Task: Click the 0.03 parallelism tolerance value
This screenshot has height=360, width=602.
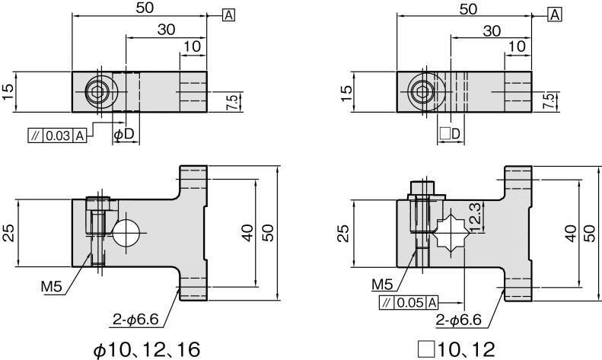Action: click(x=58, y=136)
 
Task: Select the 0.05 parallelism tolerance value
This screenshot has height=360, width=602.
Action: click(x=410, y=303)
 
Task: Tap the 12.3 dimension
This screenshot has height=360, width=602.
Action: click(x=475, y=218)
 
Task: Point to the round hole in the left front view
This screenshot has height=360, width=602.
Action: click(x=126, y=233)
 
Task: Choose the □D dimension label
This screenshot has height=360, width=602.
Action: click(x=450, y=134)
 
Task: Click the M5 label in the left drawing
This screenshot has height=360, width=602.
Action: click(x=52, y=286)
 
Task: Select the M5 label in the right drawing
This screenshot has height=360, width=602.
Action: click(x=383, y=284)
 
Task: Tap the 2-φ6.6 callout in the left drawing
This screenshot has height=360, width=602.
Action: click(x=135, y=319)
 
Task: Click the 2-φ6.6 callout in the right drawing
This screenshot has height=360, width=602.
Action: click(x=458, y=320)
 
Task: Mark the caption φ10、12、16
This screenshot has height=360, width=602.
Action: click(x=147, y=349)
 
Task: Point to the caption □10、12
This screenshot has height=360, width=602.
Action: click(x=457, y=349)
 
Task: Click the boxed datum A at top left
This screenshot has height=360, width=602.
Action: click(x=228, y=15)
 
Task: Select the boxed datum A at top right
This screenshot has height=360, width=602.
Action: click(x=555, y=15)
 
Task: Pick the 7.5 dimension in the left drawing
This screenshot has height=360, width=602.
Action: click(x=231, y=102)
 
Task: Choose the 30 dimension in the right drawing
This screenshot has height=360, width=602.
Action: click(x=492, y=30)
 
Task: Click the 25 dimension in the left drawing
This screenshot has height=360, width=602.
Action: click(x=9, y=233)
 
